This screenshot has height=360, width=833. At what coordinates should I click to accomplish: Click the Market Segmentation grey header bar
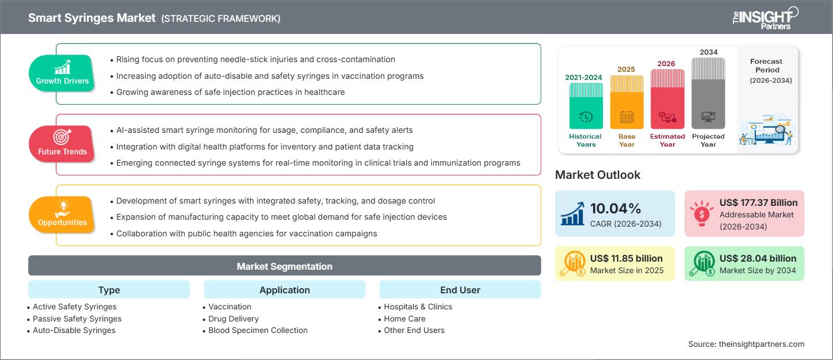click(x=284, y=266)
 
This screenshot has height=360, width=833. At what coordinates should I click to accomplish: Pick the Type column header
click(x=109, y=290)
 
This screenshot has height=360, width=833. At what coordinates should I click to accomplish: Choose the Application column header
click(x=284, y=290)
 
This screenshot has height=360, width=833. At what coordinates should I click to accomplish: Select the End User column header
click(x=460, y=290)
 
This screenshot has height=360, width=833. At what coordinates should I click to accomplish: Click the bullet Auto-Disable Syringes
click(x=74, y=330)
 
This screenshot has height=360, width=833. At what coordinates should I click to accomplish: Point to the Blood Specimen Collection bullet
click(x=258, y=330)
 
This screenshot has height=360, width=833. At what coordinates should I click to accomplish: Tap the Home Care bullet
click(x=404, y=319)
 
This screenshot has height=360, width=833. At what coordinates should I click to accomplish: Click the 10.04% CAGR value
click(x=616, y=208)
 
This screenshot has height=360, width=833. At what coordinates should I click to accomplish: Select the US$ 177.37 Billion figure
click(x=758, y=202)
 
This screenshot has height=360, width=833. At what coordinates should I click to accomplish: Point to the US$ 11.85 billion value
click(x=626, y=258)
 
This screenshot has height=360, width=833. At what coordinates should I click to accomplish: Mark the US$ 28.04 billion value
click(x=758, y=258)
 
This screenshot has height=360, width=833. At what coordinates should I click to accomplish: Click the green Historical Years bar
click(x=586, y=106)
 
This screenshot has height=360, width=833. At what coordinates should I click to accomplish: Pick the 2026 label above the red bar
click(x=667, y=63)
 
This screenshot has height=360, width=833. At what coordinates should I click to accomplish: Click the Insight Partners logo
click(x=765, y=18)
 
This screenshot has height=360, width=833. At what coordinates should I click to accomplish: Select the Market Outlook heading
click(x=598, y=175)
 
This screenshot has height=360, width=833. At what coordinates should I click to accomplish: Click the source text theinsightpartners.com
click(x=746, y=344)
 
